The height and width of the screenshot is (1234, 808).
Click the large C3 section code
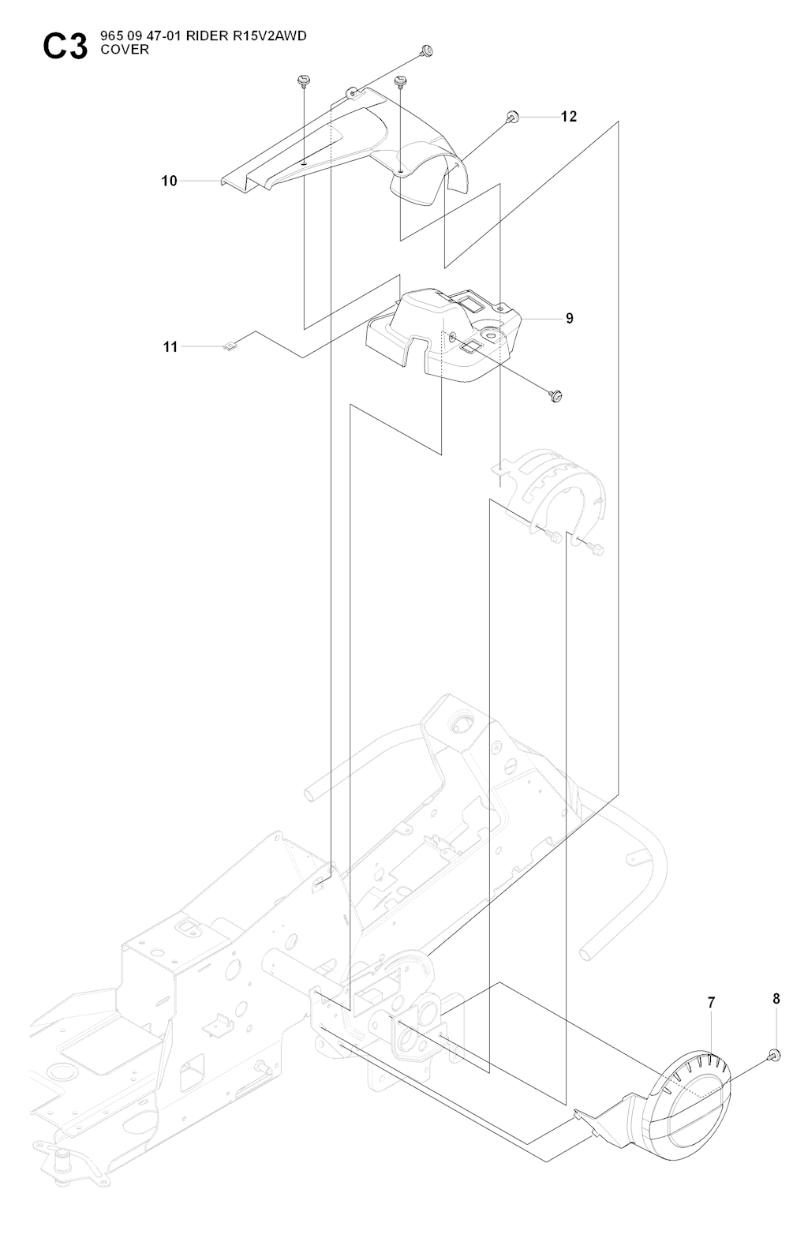(65, 47)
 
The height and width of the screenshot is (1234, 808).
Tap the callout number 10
(170, 181)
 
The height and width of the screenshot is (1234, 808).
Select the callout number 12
(569, 117)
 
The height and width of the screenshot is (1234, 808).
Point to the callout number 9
(570, 319)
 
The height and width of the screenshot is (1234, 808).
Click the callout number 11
(170, 346)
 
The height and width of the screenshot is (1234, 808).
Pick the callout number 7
(711, 1003)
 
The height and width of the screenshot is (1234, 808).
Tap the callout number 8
(776, 999)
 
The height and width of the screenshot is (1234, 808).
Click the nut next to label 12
(512, 118)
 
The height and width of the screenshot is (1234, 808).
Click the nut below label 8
(774, 1055)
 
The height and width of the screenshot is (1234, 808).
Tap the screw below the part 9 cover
(555, 395)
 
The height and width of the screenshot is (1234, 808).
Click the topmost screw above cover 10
(427, 52)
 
